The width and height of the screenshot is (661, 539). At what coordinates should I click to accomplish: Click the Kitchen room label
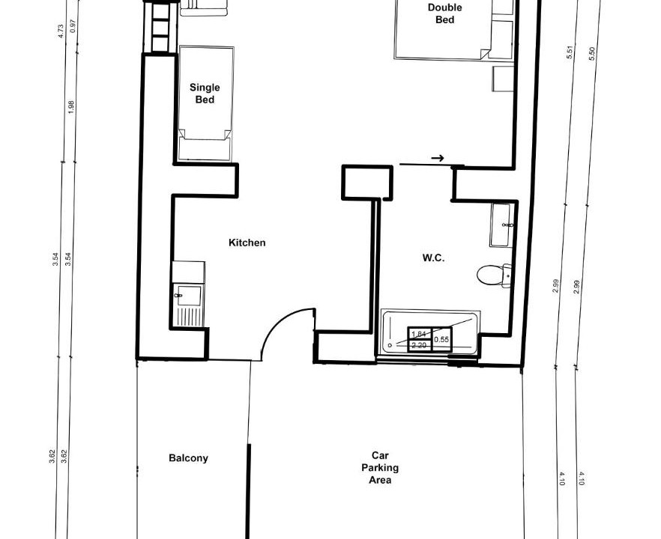click(x=247, y=243)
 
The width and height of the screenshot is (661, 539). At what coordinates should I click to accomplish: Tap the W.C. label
click(x=433, y=258)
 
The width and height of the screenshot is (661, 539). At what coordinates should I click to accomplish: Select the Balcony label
click(x=188, y=458)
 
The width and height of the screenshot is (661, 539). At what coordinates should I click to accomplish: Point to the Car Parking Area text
click(x=380, y=467)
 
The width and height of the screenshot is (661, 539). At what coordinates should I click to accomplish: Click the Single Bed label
click(x=205, y=94)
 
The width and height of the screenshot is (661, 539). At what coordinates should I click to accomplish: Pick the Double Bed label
click(x=444, y=13)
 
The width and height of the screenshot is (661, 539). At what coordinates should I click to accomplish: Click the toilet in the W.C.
click(x=494, y=275)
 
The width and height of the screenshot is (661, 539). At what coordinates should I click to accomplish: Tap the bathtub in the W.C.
click(x=430, y=332)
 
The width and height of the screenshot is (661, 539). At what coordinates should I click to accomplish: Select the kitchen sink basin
click(x=188, y=295)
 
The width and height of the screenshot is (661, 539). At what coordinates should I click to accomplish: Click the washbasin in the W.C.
click(x=501, y=225)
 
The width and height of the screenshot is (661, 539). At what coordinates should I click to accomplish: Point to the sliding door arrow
click(x=438, y=159)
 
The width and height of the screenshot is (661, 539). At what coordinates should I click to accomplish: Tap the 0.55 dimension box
click(x=441, y=339)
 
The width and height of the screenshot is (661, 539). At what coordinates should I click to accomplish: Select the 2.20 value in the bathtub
click(x=419, y=346)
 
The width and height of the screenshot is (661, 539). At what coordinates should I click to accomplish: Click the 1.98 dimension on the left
click(x=70, y=107)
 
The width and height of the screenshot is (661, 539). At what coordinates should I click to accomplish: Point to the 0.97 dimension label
click(x=73, y=26)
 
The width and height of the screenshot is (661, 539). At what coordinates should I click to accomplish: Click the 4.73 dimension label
click(x=60, y=31)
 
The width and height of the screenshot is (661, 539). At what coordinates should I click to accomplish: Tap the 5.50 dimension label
click(x=591, y=53)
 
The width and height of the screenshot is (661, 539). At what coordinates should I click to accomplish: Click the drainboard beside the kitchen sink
click(x=188, y=317)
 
